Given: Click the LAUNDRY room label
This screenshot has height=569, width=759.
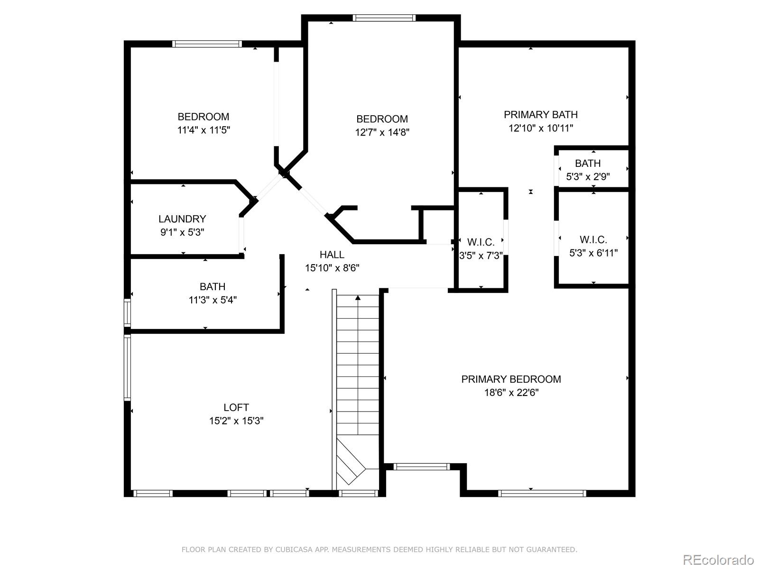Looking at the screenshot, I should (x=182, y=219).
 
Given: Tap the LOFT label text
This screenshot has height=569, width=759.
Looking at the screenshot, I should (x=236, y=407).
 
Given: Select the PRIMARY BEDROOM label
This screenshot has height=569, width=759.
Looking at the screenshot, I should (x=511, y=379).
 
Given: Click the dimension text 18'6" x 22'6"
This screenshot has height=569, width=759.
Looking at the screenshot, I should (x=511, y=393).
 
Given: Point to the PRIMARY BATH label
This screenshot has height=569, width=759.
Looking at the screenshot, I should (x=540, y=115).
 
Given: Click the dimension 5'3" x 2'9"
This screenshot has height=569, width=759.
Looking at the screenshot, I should (x=588, y=177).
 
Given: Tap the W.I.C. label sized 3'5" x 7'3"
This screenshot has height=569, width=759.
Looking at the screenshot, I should (x=481, y=243).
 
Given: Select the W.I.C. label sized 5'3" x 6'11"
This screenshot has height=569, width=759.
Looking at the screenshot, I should (x=593, y=240).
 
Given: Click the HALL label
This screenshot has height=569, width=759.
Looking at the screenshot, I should (x=332, y=255).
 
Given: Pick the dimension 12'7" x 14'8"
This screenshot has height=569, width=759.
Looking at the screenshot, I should (x=382, y=132).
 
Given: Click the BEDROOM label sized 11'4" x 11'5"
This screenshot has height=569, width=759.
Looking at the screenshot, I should (x=203, y=117).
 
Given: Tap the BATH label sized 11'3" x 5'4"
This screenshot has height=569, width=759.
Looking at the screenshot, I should (x=212, y=286).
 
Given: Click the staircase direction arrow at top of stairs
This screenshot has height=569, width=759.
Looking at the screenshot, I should (x=358, y=298).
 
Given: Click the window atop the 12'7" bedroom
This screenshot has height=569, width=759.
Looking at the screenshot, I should (x=384, y=18).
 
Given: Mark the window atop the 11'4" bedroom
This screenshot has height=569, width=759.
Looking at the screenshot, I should (x=207, y=44).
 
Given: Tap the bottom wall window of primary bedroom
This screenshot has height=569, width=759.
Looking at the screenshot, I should (x=542, y=494).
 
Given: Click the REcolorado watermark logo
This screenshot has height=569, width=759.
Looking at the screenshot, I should (x=718, y=560).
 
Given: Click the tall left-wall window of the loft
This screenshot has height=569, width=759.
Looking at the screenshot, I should (x=127, y=367).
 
